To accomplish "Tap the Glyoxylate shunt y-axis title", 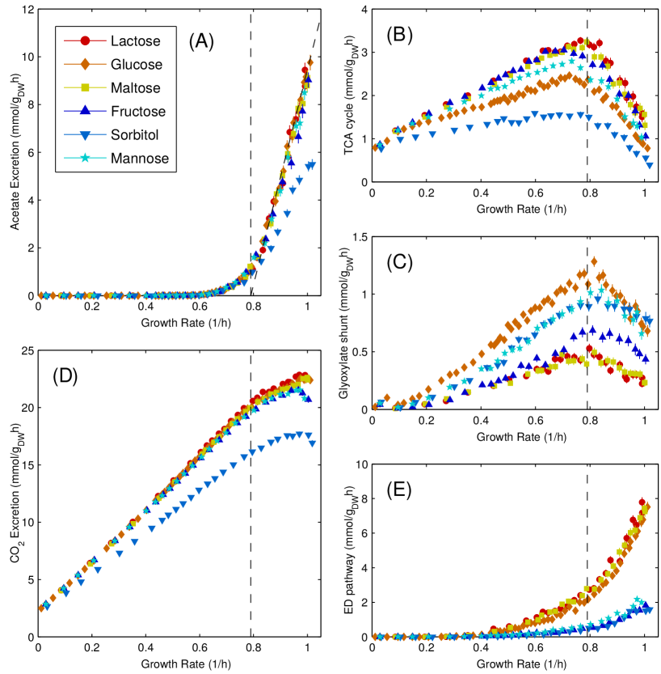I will [x=348, y=324].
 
